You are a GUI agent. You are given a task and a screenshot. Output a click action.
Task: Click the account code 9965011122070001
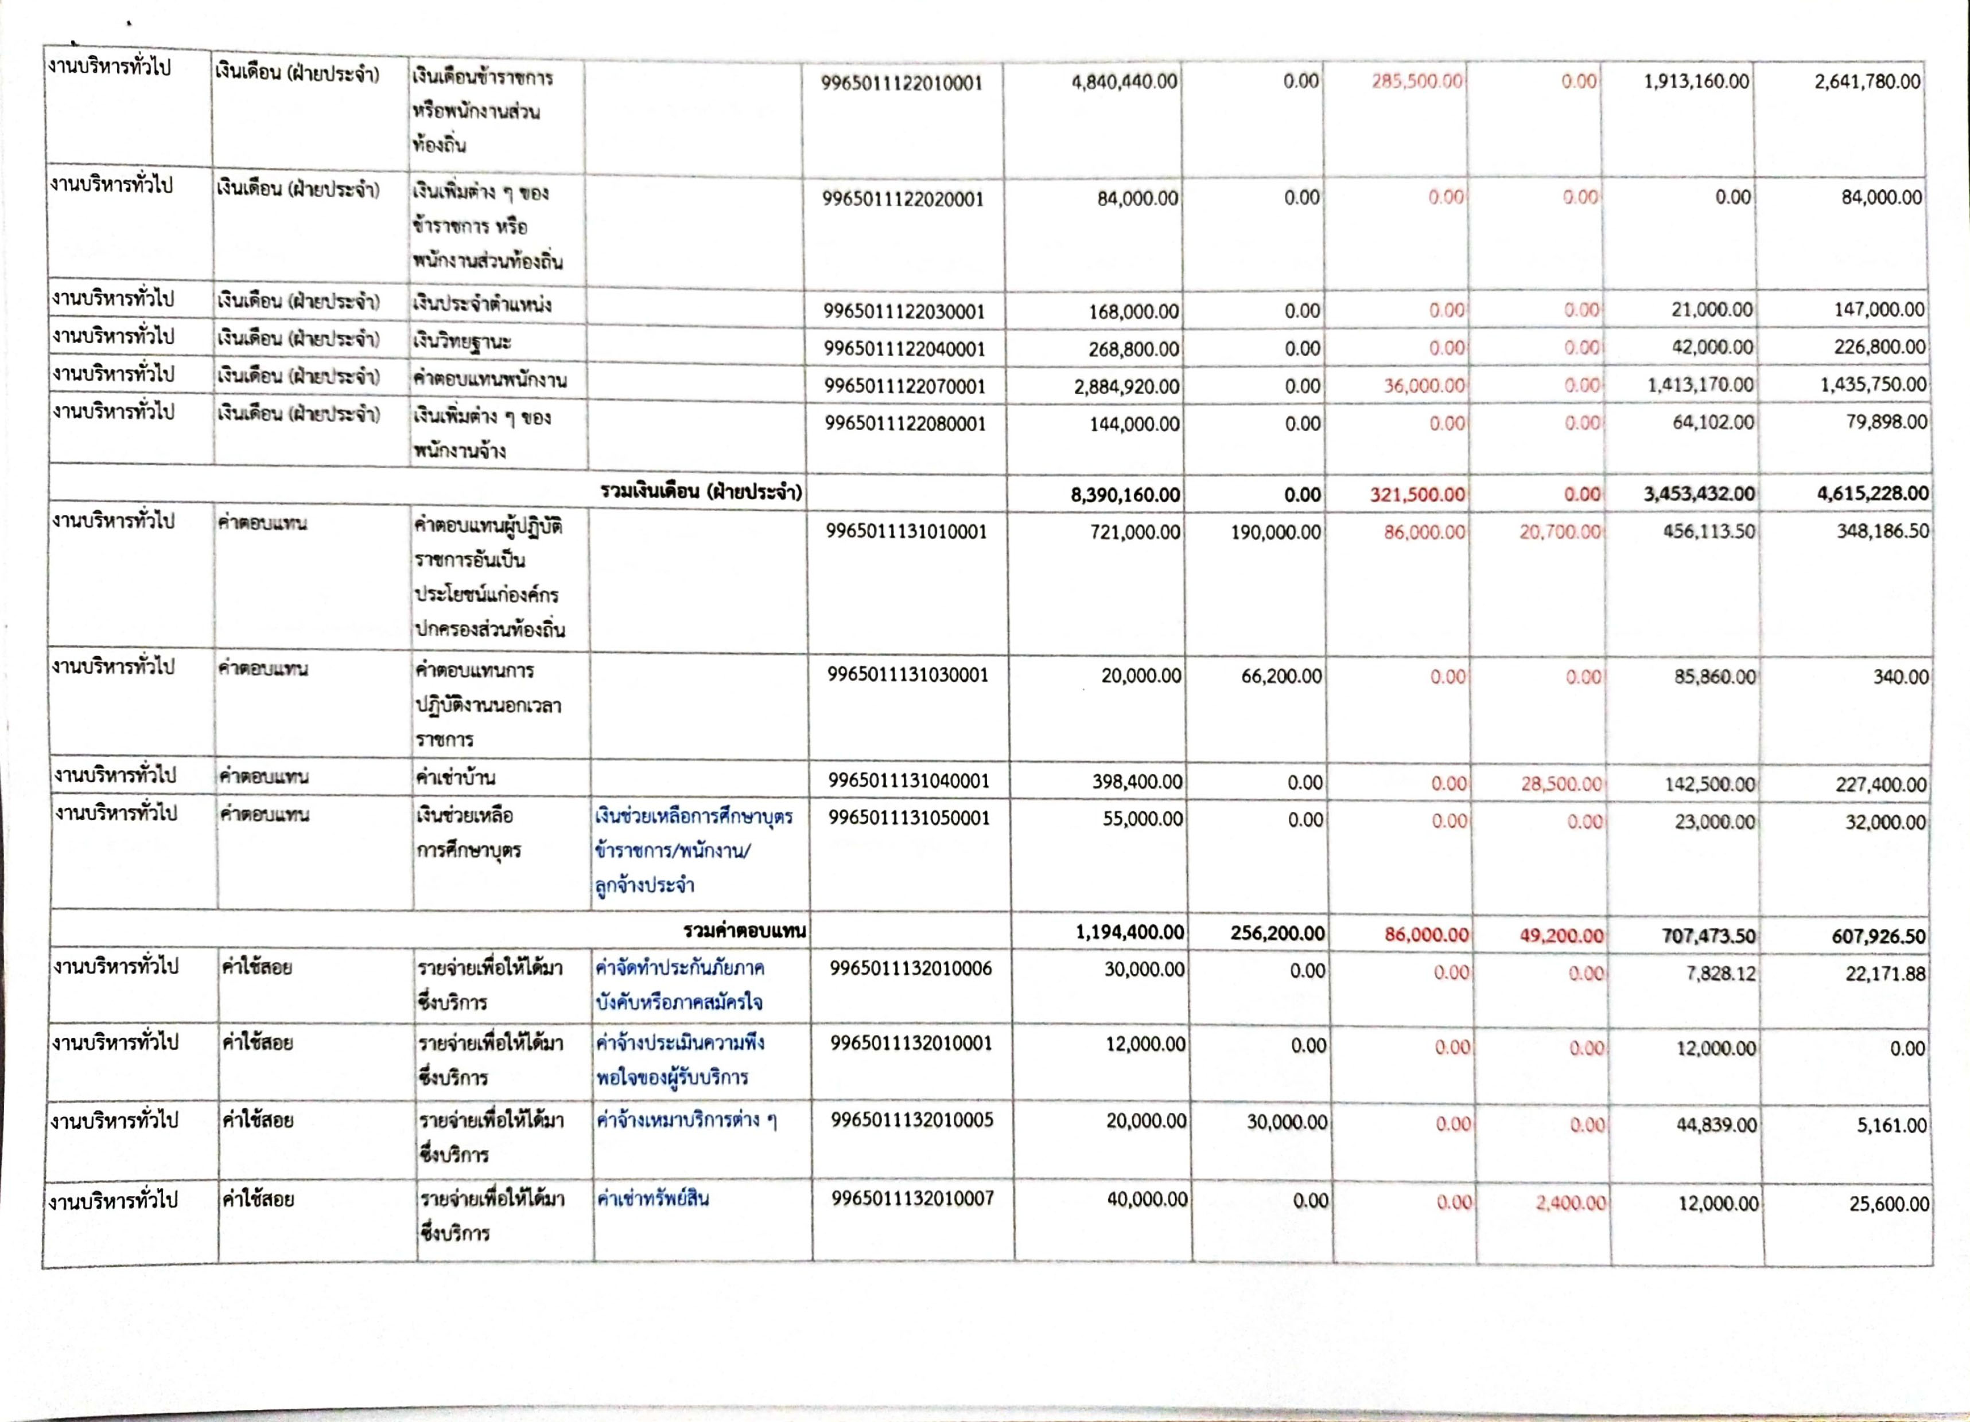coord(905,386)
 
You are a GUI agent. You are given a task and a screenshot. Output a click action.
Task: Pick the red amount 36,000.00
coord(1424,385)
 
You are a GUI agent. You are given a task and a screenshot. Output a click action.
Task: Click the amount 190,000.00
coord(1275,532)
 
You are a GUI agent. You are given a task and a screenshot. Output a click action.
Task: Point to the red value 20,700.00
coord(1559,532)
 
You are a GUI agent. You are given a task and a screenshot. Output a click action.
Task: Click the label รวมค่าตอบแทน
coord(744,932)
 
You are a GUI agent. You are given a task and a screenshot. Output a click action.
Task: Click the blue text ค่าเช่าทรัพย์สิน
coord(652,1200)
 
